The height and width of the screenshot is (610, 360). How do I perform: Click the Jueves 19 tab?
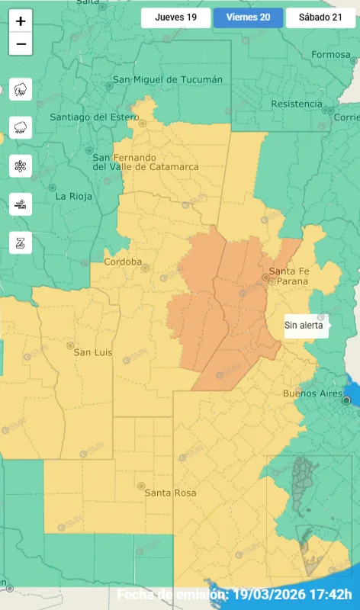pos(175,18)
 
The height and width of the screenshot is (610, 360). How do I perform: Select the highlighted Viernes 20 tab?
pos(248,18)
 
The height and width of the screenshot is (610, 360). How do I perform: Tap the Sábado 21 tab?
pos(320,18)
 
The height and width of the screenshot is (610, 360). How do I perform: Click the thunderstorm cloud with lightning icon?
pos(21,89)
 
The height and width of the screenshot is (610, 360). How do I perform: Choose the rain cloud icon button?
pos(21,127)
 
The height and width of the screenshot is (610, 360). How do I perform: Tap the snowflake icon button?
pos(21,165)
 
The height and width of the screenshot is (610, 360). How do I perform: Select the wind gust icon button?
pos(21,204)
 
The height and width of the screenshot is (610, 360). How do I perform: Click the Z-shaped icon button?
pos(21,242)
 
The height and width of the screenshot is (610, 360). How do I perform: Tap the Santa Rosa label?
pos(170,493)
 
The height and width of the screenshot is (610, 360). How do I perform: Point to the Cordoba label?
pos(123,262)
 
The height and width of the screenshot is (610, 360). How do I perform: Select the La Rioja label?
pos(74,196)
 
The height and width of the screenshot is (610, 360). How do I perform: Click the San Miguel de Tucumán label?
pos(168,79)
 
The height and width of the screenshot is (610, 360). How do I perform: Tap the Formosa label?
pos(330,54)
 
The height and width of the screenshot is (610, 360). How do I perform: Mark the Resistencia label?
pos(297,104)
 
